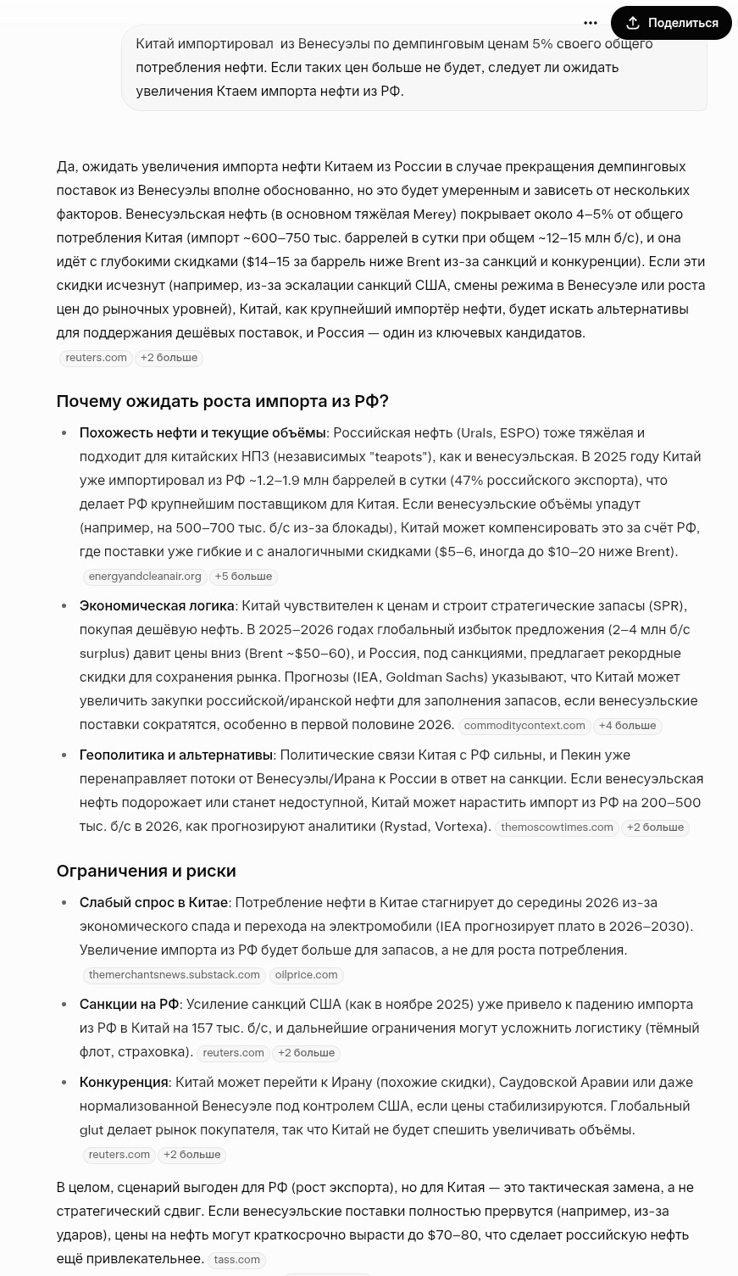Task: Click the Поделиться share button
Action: pos(671,23)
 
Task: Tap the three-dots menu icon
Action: pos(591,23)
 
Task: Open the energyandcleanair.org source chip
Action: pos(145,577)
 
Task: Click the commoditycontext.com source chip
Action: pos(524,726)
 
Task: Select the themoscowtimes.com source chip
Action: pos(557,827)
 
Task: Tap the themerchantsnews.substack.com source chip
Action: pos(175,975)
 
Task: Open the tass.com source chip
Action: pos(237,1260)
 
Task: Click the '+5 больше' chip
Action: pos(243,577)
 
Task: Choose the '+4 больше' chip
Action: pos(627,726)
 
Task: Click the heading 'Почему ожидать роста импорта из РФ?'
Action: pos(222,401)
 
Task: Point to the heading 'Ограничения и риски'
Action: pos(146,871)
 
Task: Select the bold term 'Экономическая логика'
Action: pos(157,605)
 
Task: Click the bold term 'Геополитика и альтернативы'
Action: pos(176,755)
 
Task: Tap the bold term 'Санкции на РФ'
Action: pos(129,1004)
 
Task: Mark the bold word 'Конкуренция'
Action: pos(124,1082)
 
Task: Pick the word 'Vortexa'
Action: pos(459,826)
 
